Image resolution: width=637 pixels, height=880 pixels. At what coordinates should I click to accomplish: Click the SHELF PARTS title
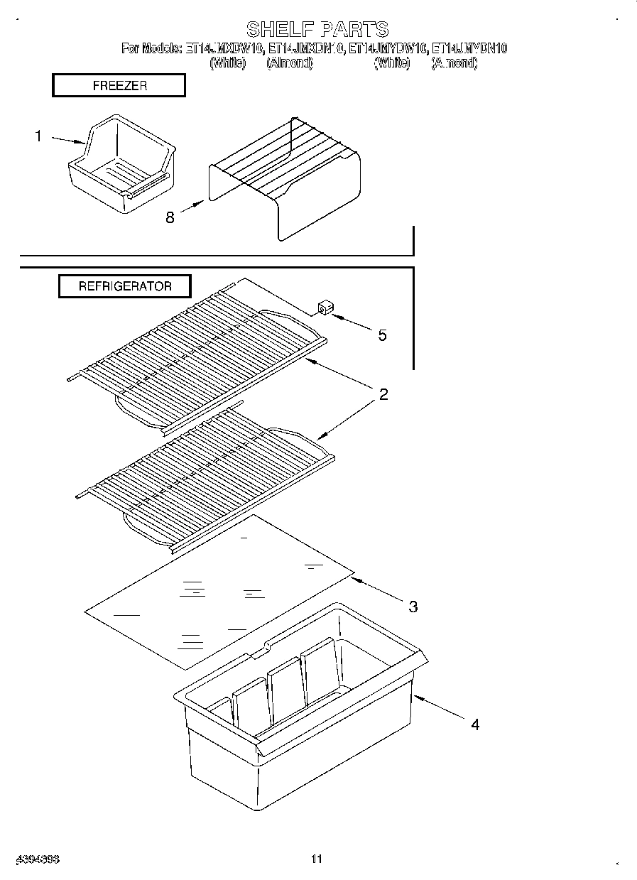pos(317,29)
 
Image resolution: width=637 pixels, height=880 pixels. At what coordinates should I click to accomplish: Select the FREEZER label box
pos(119,86)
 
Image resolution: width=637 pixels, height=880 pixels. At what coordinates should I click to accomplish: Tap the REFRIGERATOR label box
pos(124,286)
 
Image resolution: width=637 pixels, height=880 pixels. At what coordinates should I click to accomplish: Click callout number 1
pos(38,136)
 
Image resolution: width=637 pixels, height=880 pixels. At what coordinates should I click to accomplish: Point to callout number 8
pos(170,217)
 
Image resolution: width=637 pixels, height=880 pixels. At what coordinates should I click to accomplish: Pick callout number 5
pos(382,335)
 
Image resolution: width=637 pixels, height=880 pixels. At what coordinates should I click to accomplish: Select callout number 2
pos(383,395)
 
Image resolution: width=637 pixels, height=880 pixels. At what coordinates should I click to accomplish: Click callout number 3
pos(413,606)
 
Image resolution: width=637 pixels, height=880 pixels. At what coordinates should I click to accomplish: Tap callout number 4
pos(474,724)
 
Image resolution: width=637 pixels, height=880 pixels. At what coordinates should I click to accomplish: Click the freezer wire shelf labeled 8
pos(284,178)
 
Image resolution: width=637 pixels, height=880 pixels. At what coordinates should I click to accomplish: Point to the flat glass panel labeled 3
pos(220,590)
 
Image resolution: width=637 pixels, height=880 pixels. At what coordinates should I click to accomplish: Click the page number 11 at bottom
pos(317,859)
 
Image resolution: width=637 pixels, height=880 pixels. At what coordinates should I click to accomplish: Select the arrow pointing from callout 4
pos(440,708)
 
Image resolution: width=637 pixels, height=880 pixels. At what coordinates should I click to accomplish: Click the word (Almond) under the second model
pos(289,63)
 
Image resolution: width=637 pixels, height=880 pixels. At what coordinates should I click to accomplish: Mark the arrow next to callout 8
pos(192,207)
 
